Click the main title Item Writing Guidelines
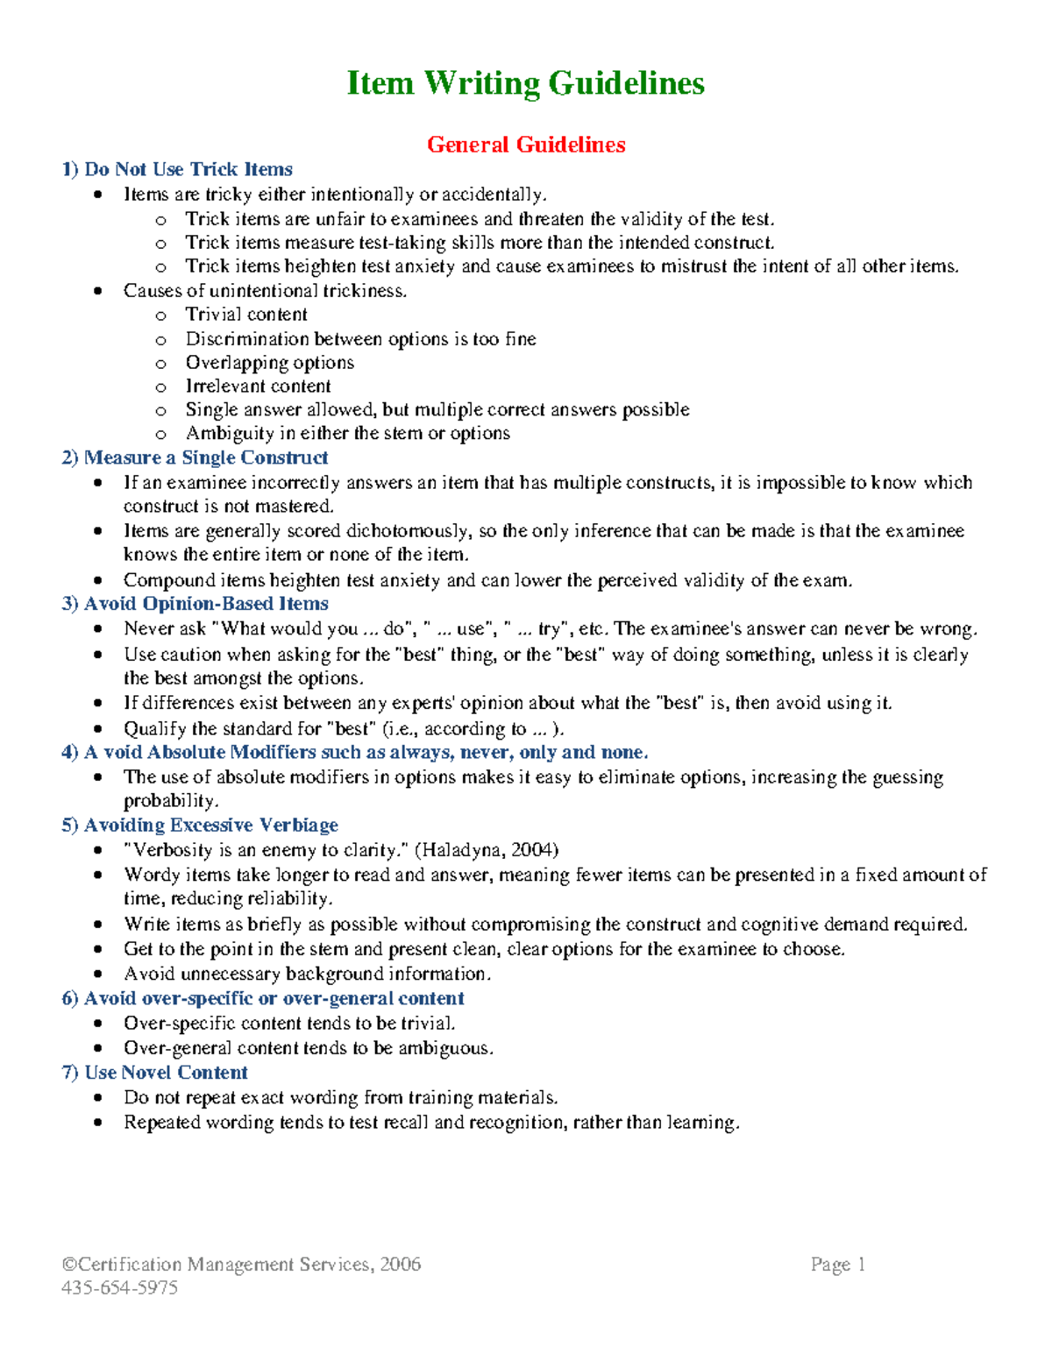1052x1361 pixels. [525, 83]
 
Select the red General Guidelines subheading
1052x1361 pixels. [526, 145]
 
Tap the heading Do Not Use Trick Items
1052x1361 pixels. [177, 169]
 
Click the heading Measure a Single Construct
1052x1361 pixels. [195, 457]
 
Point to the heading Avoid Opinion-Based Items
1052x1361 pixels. [195, 604]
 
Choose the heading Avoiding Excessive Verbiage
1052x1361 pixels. [200, 826]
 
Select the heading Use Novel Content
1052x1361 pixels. [155, 1073]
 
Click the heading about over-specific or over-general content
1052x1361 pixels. [263, 998]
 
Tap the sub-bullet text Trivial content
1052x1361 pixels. [246, 315]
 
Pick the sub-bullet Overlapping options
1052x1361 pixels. [270, 363]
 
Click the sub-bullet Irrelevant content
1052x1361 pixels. [258, 386]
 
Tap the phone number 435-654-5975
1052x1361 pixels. [120, 1287]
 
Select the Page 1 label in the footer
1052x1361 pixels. [838, 1264]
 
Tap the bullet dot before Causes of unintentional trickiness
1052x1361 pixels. [98, 291]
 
